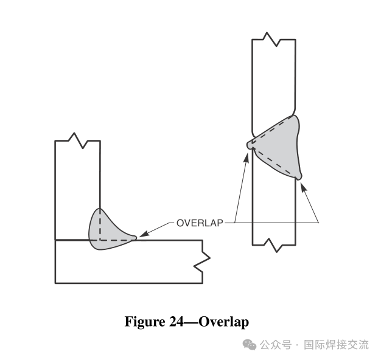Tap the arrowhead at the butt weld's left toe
(246, 155)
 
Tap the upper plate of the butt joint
(274, 79)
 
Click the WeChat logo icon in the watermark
(250, 345)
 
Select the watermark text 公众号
(275, 345)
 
